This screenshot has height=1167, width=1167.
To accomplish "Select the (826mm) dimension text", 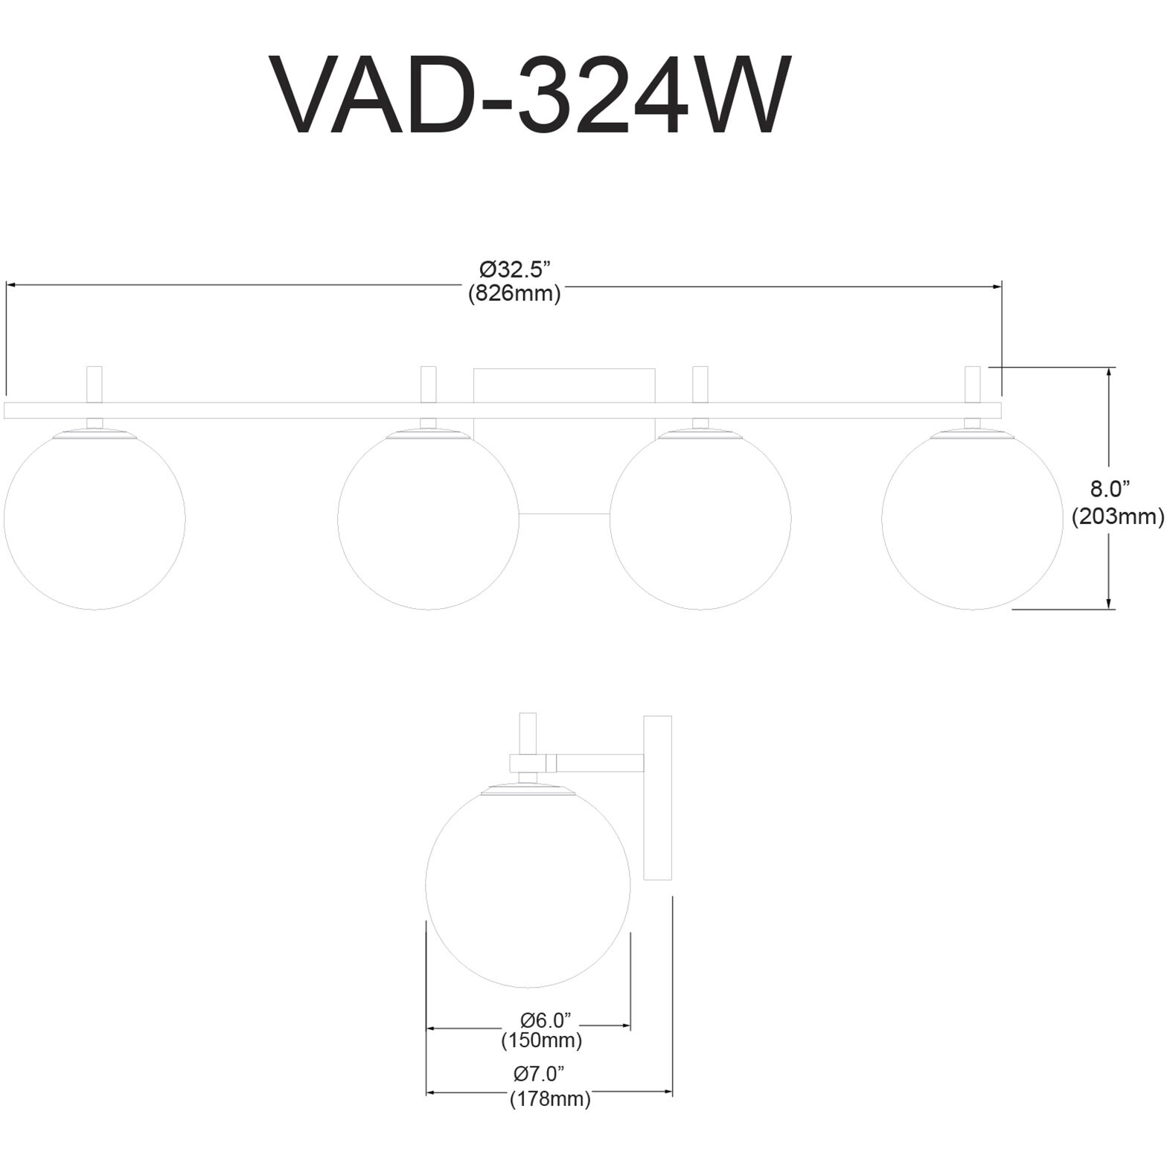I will (x=514, y=294).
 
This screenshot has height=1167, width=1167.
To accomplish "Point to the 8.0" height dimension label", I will (x=1110, y=489).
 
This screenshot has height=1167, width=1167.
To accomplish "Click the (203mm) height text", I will (x=1117, y=516).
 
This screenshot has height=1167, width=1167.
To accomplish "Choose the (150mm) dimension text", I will (x=541, y=1040).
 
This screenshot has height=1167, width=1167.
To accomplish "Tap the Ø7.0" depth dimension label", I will (x=539, y=1073).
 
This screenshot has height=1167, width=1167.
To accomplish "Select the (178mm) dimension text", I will (x=550, y=1099).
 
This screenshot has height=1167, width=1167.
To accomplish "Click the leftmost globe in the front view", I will (x=95, y=519).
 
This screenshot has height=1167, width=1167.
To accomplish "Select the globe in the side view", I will (x=528, y=885).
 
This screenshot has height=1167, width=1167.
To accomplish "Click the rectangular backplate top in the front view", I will (x=564, y=384).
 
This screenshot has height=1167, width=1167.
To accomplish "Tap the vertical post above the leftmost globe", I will (x=95, y=384).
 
